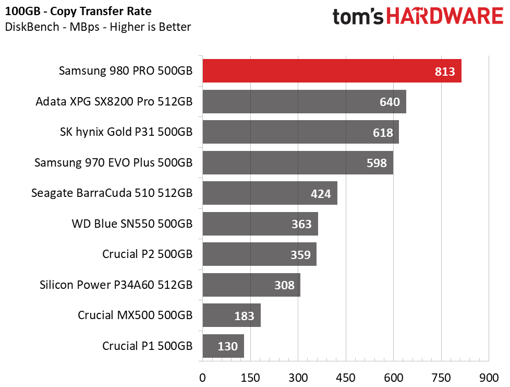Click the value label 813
(445, 72)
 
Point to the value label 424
(321, 194)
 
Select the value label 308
(284, 285)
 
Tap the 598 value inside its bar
(377, 163)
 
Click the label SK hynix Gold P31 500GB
(126, 132)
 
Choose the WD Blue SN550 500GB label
(132, 224)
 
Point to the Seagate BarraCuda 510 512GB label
(112, 193)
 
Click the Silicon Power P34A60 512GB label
(116, 285)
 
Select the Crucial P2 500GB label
(148, 254)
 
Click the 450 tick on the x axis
(346, 377)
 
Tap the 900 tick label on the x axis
(489, 377)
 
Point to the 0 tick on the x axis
(202, 377)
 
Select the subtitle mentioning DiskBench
(98, 27)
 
